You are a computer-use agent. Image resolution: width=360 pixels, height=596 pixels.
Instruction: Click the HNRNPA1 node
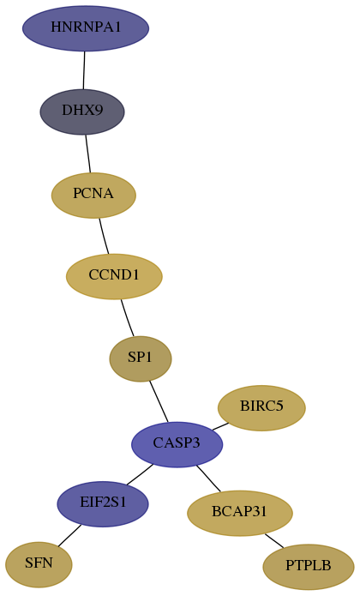tap(86, 28)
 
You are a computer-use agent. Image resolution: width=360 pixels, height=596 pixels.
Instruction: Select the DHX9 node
tap(82, 111)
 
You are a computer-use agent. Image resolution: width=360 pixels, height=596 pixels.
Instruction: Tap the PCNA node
tap(93, 195)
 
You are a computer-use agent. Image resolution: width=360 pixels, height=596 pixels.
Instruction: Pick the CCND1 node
tap(114, 276)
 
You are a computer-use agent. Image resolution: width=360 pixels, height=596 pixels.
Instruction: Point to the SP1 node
tap(141, 358)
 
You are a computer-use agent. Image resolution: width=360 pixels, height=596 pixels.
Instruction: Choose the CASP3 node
tap(177, 444)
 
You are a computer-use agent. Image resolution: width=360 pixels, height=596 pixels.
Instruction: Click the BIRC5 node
tap(261, 408)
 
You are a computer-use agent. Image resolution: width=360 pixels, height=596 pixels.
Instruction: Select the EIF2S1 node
tap(103, 504)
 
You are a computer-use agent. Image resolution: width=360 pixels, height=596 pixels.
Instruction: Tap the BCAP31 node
tap(240, 513)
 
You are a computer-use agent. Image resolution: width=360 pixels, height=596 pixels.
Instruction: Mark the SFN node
tap(39, 565)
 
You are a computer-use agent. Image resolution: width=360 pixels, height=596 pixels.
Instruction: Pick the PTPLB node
tap(309, 567)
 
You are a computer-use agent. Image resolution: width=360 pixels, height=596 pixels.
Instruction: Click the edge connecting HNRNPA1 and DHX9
tap(84, 70)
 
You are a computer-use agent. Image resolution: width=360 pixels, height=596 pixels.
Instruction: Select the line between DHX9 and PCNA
tap(88, 154)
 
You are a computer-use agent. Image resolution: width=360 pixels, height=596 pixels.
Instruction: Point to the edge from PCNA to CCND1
tap(104, 236)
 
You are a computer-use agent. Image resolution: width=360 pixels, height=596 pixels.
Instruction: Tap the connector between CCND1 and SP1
tap(127, 318)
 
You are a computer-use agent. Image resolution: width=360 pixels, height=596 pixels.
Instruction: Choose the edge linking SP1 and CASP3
tap(159, 401)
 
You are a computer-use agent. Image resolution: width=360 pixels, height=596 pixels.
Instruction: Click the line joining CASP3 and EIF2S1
tap(140, 474)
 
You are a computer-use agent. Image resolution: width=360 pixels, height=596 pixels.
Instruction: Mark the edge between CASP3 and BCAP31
tap(208, 479)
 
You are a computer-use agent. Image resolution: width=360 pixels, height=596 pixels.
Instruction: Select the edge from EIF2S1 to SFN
tap(69, 536)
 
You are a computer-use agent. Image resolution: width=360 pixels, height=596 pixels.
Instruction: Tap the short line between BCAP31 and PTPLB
tap(274, 540)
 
